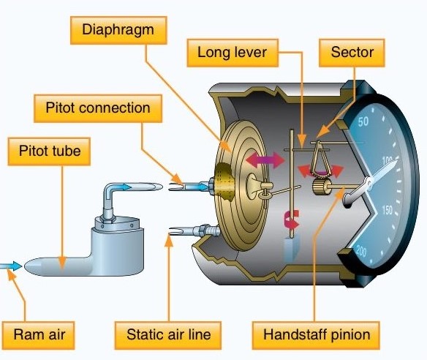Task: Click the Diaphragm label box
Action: (x=118, y=30)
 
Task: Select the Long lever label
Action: (x=233, y=53)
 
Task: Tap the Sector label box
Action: (x=352, y=53)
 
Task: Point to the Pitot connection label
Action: (x=98, y=108)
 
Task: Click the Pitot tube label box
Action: (x=49, y=151)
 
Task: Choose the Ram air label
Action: (x=39, y=335)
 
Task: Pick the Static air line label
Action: (x=168, y=335)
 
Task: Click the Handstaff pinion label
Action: (x=316, y=335)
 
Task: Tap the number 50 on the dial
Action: (x=363, y=121)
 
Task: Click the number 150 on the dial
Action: (x=388, y=210)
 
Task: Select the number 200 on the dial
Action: (x=360, y=251)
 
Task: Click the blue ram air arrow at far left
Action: (x=11, y=266)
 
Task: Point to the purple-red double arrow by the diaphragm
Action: (x=265, y=160)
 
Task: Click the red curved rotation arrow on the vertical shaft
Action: (x=292, y=219)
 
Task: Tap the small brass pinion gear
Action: (x=321, y=187)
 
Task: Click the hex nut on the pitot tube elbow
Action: (x=107, y=218)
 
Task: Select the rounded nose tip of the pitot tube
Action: (x=30, y=266)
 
